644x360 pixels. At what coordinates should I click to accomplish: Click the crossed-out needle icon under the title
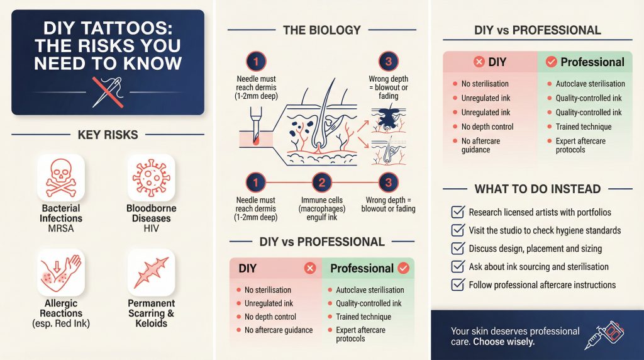pyautogui.click(x=108, y=92)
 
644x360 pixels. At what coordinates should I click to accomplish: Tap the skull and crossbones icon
pyautogui.click(x=61, y=177)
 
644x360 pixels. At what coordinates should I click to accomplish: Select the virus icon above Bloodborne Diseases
pyautogui.click(x=151, y=177)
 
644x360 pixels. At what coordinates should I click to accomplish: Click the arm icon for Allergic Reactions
pyautogui.click(x=61, y=273)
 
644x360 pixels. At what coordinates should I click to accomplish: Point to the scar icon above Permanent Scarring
pyautogui.click(x=151, y=273)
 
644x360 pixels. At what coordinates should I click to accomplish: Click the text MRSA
pyautogui.click(x=61, y=228)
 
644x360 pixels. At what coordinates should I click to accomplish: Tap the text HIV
pyautogui.click(x=151, y=228)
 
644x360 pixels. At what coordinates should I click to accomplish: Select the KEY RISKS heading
pyautogui.click(x=108, y=134)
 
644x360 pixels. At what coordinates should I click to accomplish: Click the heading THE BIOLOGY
pyautogui.click(x=321, y=30)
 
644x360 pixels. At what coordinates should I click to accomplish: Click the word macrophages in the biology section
pyautogui.click(x=322, y=209)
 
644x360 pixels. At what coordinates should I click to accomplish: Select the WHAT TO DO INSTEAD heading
pyautogui.click(x=538, y=189)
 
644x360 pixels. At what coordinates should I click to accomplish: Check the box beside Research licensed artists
pyautogui.click(x=458, y=212)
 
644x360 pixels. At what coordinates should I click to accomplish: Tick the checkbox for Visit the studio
pyautogui.click(x=458, y=230)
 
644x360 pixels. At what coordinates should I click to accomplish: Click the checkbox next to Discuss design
pyautogui.click(x=458, y=249)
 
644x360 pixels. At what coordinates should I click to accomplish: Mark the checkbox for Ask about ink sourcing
pyautogui.click(x=458, y=267)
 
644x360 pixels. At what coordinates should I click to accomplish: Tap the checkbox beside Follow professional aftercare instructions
pyautogui.click(x=458, y=285)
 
